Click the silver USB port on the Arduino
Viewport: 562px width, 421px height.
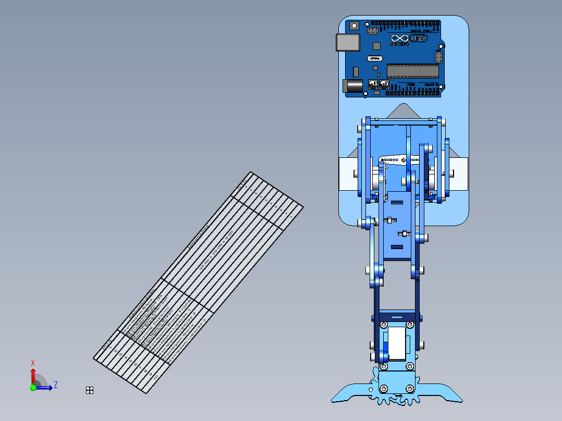coord(348,42)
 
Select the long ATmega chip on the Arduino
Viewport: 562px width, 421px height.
coord(412,71)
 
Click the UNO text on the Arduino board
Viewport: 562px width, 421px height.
coord(418,39)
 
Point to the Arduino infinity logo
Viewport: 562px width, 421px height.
coord(400,39)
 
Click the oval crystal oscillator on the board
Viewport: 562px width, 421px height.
coord(375,58)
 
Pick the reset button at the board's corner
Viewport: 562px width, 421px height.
coord(355,25)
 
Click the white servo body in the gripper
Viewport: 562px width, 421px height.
coord(398,343)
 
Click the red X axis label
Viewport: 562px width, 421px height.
coord(33,363)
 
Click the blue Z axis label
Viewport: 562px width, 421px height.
coord(55,385)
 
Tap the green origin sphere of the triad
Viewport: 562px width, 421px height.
coord(33,387)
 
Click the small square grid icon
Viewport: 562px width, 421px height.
coord(89,390)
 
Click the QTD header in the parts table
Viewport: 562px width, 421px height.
coord(242,184)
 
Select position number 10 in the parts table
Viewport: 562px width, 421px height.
coord(153,375)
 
